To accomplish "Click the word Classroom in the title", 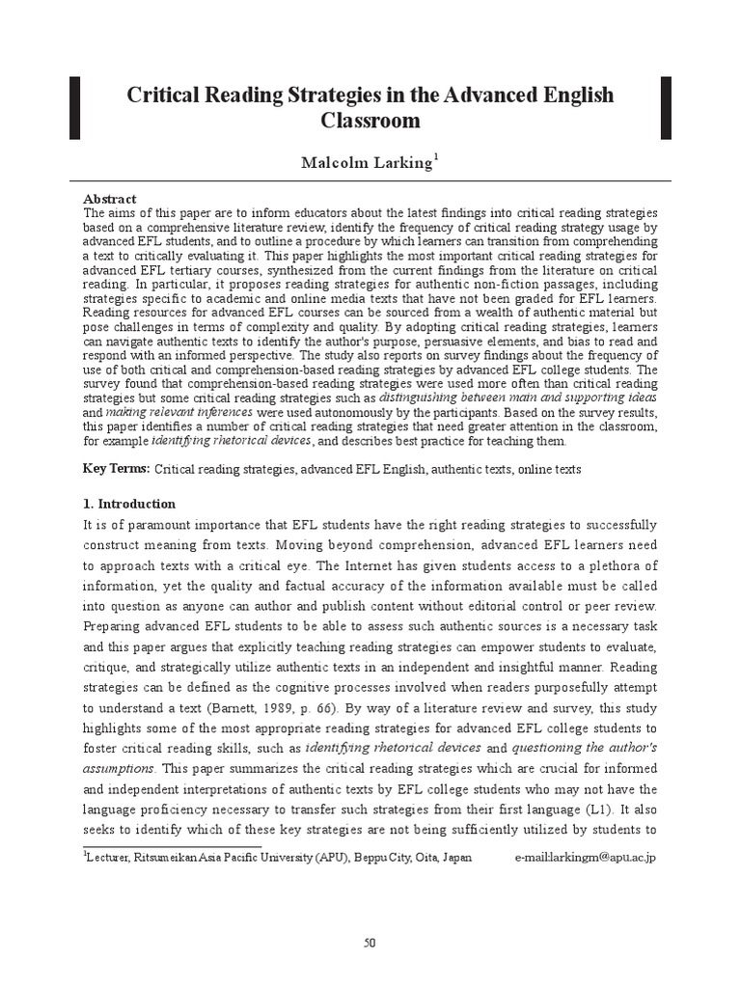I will point(370,122).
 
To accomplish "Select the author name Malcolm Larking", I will point(367,163).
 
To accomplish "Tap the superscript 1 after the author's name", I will point(435,157).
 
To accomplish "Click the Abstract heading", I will point(109,198).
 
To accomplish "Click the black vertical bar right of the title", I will point(665,107).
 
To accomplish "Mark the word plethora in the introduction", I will point(617,565).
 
